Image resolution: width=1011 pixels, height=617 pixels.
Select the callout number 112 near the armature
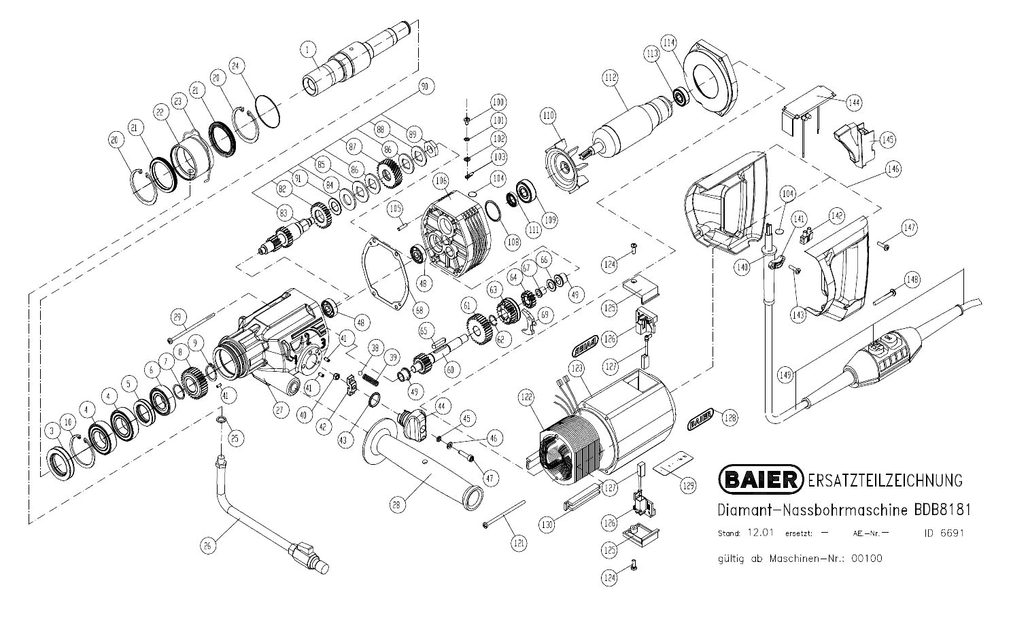coord(609,78)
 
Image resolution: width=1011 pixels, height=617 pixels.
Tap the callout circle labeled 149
coord(785,374)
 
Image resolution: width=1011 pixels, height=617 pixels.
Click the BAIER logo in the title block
coord(761,480)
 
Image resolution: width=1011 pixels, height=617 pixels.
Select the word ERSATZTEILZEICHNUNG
coord(885,480)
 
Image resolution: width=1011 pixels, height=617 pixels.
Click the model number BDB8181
coord(942,510)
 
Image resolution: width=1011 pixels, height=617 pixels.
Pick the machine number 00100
coord(865,559)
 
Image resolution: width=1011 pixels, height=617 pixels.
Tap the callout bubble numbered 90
coord(426,87)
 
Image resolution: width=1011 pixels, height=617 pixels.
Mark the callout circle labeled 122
coord(526,396)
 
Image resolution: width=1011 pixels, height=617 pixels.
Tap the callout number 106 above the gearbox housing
coord(441,181)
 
